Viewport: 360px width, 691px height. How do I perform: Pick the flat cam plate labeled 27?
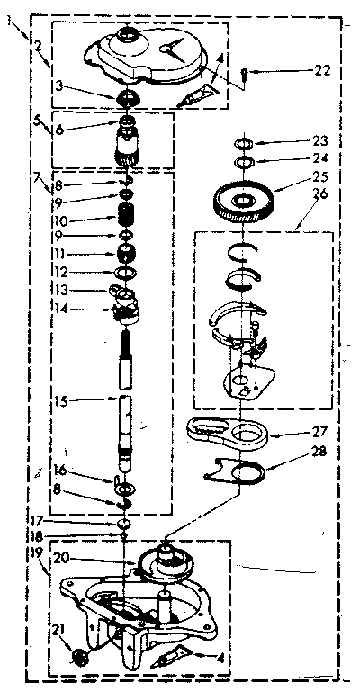(x=227, y=433)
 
